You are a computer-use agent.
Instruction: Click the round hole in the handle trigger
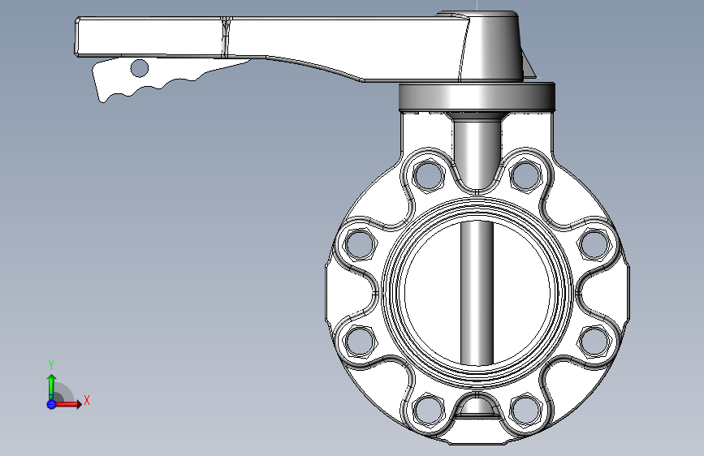[140, 68]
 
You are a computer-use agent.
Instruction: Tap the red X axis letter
[86, 400]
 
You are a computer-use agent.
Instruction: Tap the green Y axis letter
[51, 364]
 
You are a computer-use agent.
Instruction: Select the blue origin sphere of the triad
[51, 403]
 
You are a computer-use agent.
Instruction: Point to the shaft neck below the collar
[476, 146]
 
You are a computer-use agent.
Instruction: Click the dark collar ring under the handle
[476, 97]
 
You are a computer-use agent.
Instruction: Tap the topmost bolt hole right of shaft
[526, 174]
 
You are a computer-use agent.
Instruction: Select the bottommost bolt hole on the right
[526, 409]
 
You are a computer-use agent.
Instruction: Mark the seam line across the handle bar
[227, 37]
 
